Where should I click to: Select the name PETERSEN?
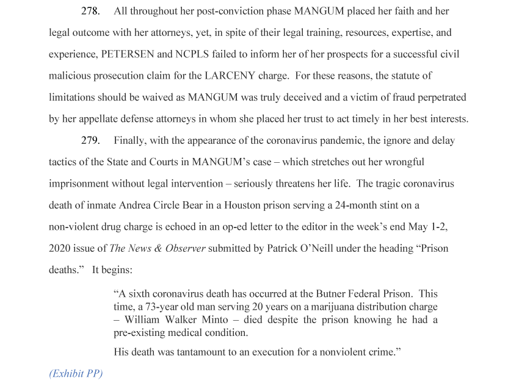pyautogui.click(x=128, y=54)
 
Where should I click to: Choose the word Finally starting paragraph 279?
pyautogui.click(x=130, y=141)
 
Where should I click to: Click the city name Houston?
pyautogui.click(x=253, y=205)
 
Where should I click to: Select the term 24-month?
pyautogui.click(x=358, y=205)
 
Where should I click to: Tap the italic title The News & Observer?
pyautogui.click(x=156, y=249)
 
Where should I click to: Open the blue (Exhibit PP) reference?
pyautogui.click(x=76, y=373)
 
